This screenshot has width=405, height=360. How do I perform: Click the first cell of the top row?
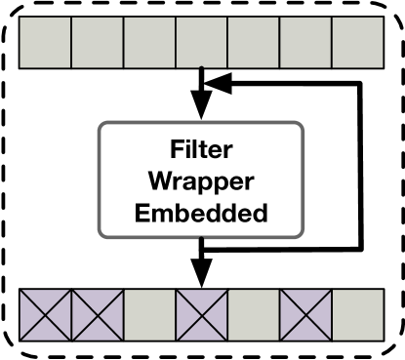tap(45, 42)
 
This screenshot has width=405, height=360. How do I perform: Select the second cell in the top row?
tap(98, 42)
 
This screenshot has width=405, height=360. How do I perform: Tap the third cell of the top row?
tap(149, 42)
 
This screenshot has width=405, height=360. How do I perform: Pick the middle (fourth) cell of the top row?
tap(202, 42)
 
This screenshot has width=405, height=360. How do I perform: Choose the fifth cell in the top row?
tap(254, 42)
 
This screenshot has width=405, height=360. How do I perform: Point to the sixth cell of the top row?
tap(306, 42)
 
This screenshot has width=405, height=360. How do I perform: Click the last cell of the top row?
tap(358, 42)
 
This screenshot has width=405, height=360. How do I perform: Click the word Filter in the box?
tap(202, 151)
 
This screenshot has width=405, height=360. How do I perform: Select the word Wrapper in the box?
tap(202, 182)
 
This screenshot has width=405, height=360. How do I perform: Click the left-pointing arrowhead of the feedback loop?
tap(219, 85)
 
